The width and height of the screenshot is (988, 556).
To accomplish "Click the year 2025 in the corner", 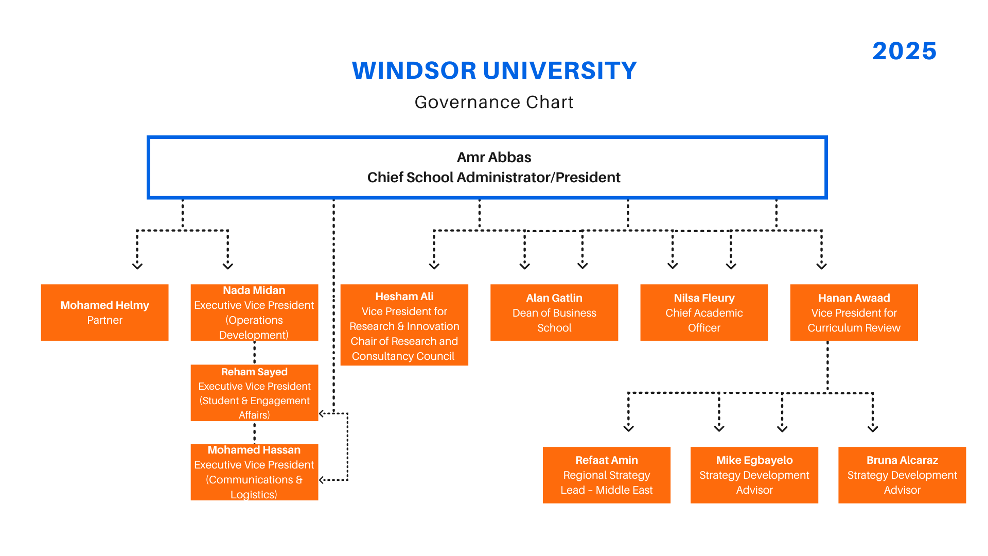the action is point(904,51).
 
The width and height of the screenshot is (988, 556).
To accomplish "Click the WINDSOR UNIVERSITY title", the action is point(494,71).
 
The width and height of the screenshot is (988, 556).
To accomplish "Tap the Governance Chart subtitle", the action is point(494,102).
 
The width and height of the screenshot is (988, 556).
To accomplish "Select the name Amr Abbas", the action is point(494,157).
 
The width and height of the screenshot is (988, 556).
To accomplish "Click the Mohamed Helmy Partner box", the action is point(105,312).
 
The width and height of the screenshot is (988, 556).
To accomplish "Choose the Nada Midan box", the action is point(254,312).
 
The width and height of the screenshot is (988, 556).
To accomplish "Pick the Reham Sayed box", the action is point(254,393).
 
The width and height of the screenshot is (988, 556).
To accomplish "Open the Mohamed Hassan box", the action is point(254,472).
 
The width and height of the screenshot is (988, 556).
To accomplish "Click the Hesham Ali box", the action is point(404,325).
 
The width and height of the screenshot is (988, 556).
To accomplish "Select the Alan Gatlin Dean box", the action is point(554,312).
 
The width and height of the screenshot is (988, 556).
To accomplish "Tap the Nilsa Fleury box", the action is point(704,312).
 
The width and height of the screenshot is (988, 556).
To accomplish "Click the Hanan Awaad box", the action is point(854,312).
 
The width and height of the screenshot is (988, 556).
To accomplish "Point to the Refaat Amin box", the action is point(607,475).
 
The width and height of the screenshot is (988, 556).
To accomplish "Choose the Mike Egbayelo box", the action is point(754,475).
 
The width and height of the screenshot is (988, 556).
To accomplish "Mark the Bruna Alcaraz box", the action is point(902,475).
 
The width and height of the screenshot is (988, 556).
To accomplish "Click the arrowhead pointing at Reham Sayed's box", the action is point(322,413).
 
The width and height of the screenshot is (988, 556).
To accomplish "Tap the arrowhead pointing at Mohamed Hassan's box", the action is point(322,480).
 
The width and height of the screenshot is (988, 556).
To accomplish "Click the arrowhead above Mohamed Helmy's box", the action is point(137,266).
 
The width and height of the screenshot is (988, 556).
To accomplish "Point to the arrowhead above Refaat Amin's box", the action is point(628,428).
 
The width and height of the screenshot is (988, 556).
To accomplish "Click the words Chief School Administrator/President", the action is point(494,178).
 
